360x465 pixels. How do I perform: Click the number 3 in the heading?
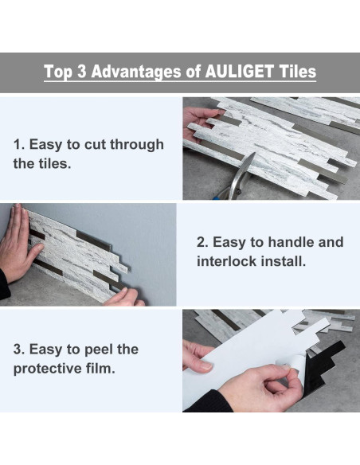coord(81,72)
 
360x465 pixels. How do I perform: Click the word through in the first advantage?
coord(137,145)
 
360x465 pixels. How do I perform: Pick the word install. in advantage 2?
coord(284,261)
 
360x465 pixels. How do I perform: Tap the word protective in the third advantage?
coord(48,369)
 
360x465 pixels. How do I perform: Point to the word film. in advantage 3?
coord(100,369)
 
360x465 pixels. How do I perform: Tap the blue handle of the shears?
coord(223,193)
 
